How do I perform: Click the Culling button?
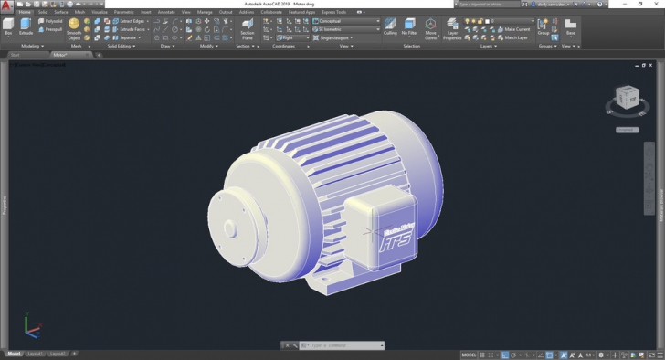(390, 26)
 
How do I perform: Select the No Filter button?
(409, 26)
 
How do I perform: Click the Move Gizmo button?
(430, 26)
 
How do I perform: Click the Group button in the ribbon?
(544, 26)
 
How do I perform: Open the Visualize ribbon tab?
(98, 12)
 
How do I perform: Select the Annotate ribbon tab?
(166, 12)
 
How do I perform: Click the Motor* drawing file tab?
(60, 55)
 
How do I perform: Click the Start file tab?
(16, 55)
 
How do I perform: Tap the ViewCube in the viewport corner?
(628, 98)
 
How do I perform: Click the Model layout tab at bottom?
(14, 353)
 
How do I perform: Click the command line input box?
(343, 345)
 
